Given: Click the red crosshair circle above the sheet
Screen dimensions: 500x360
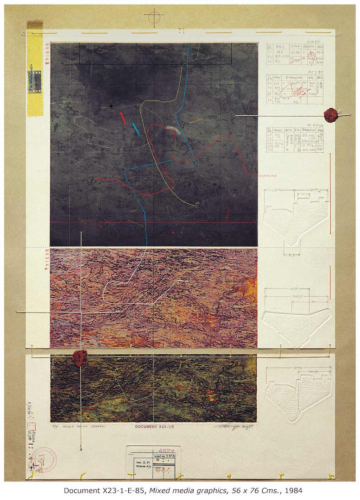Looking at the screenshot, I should pos(154,17).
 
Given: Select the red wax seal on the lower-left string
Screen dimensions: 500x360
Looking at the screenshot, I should pos(79,357).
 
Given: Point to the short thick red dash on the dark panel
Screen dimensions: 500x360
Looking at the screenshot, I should pos(123,119).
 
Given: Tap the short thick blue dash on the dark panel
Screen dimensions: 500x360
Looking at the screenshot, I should pos(135,129).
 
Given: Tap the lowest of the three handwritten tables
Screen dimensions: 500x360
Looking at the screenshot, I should pos(295,139).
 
